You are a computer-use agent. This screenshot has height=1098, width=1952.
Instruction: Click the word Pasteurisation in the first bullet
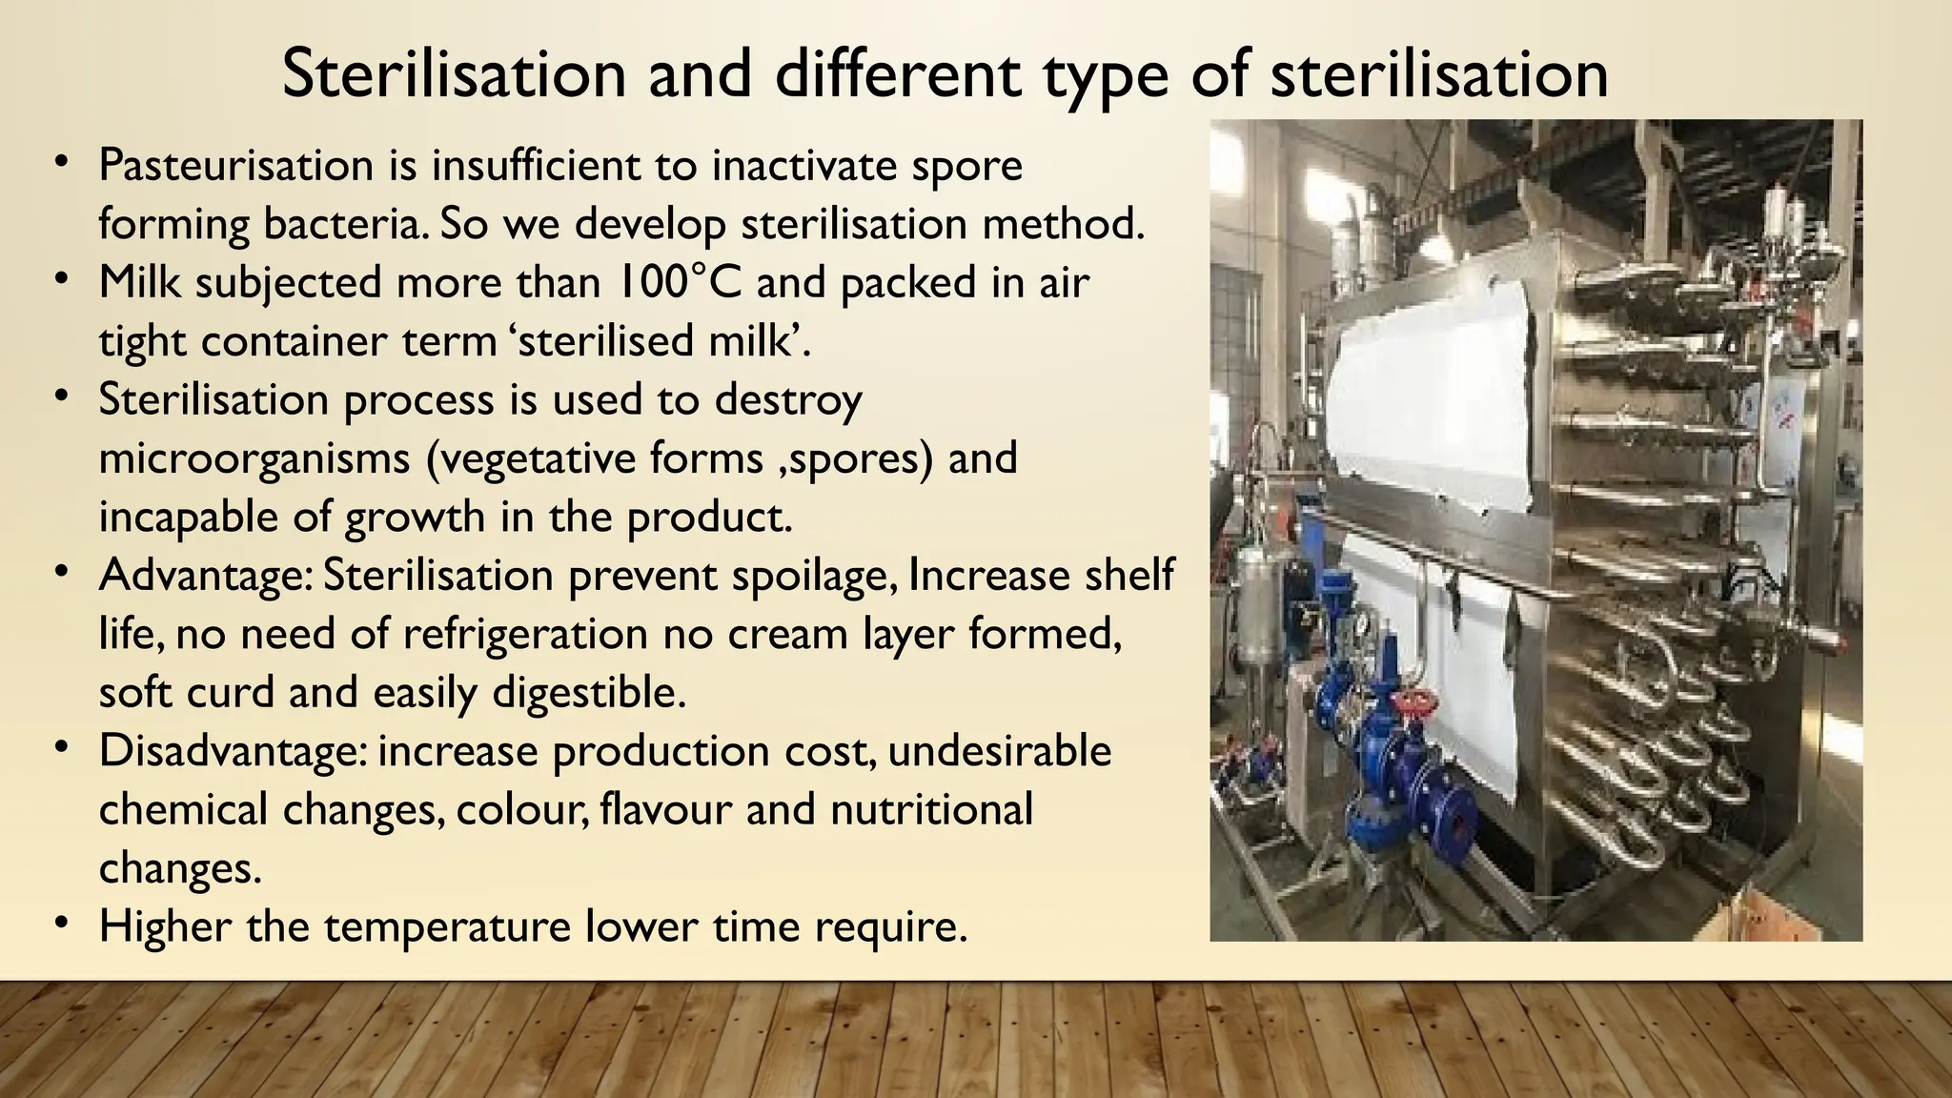[235, 166]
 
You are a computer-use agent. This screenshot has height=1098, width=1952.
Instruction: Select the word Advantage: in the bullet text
[204, 575]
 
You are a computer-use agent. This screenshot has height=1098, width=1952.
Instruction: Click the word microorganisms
[254, 457]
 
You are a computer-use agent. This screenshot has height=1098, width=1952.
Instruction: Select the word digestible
[588, 693]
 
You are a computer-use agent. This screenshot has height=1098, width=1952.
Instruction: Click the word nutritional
[931, 810]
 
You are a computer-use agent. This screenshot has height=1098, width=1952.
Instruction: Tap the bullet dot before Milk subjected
[62, 280]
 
